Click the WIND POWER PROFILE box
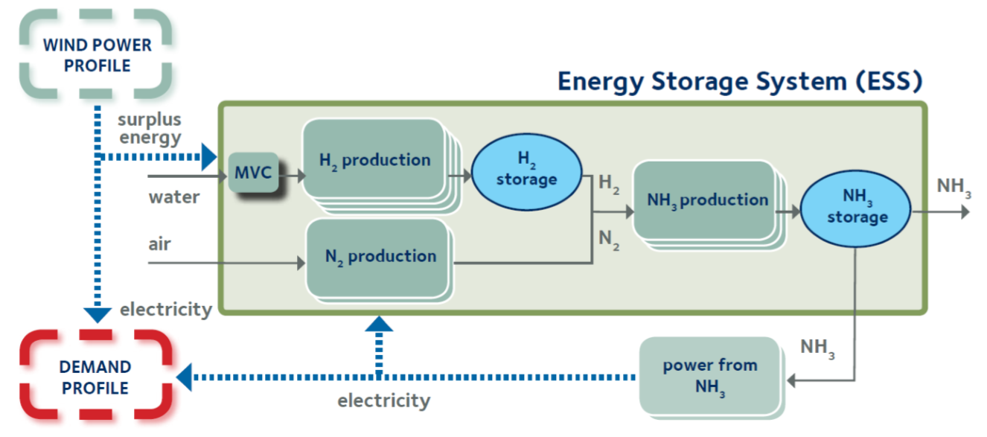tap(97, 54)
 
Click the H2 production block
tap(374, 160)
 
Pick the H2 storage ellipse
tap(526, 170)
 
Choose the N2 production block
tap(380, 257)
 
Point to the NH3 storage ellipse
tap(855, 208)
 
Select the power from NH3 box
tap(709, 375)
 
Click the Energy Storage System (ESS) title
tap(741, 80)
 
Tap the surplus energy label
tap(149, 129)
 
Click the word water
tap(174, 197)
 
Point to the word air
tap(159, 244)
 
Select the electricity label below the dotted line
tap(383, 401)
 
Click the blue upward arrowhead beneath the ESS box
tap(379, 322)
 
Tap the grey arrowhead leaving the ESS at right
tap(965, 211)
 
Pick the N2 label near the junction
tap(608, 240)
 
